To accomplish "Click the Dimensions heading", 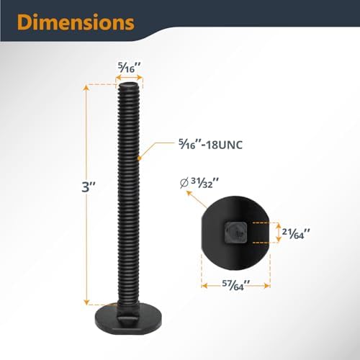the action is pos(76,22).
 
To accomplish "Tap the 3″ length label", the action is pos(89,187).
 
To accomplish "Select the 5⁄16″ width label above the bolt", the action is pos(129,68).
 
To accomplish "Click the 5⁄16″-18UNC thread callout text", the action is pos(210,145).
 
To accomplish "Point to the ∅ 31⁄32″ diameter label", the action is pos(199,183).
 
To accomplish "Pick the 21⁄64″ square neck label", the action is pos(296,233).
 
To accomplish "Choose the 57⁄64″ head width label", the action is pos(235,285).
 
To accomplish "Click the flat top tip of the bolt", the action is pos(129,85).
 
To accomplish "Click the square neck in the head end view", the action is pos(235,233).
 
